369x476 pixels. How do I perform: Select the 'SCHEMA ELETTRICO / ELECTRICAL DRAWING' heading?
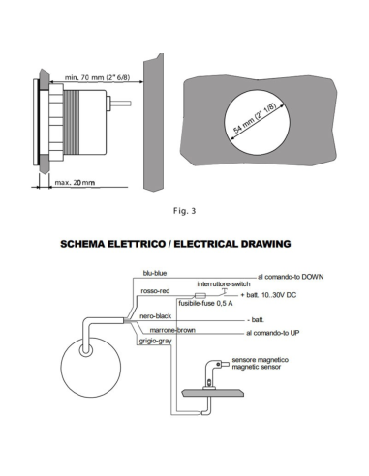183,246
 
